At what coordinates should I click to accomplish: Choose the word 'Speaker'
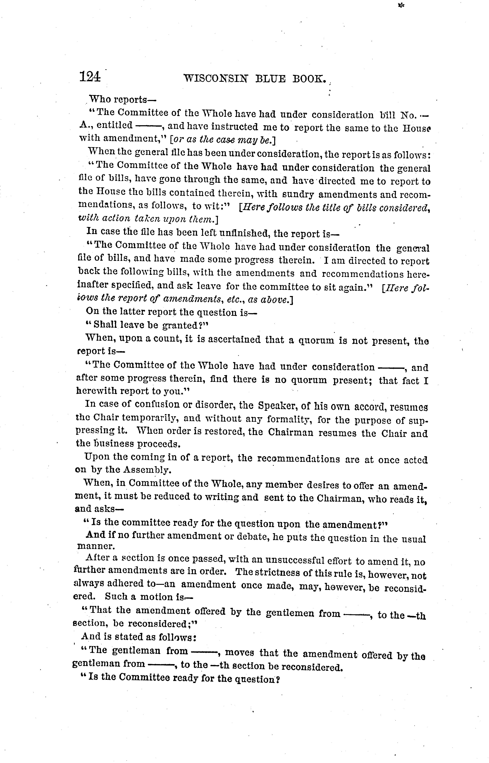[278, 406]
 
